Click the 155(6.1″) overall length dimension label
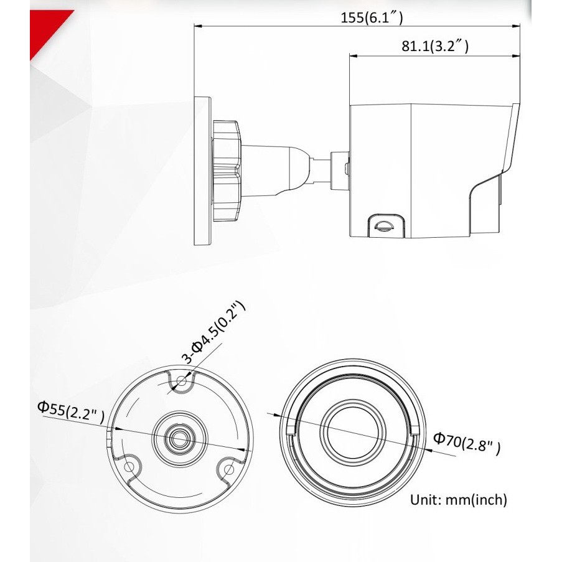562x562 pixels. (x=372, y=17)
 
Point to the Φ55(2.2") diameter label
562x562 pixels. (x=70, y=411)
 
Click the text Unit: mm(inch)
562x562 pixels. (x=459, y=499)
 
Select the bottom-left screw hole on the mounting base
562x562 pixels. (x=129, y=466)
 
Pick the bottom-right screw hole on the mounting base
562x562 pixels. (x=229, y=466)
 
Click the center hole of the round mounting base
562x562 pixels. (x=180, y=437)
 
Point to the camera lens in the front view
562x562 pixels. (x=352, y=430)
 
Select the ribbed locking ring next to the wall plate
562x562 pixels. (x=226, y=170)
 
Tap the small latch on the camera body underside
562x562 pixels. (x=383, y=224)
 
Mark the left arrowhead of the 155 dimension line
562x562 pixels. (x=197, y=26)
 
